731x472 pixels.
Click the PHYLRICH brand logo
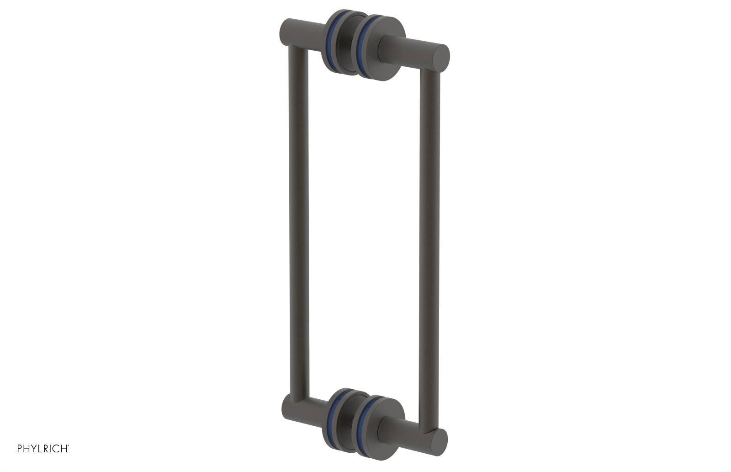43,448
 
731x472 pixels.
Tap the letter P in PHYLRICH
20,448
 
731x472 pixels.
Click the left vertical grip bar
299,220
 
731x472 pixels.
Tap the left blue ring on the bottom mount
332,417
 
